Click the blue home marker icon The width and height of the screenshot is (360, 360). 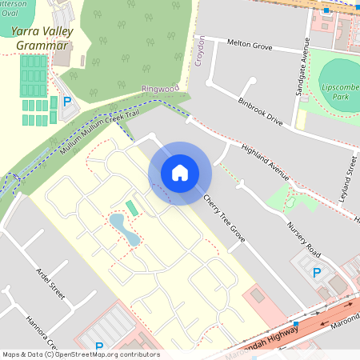coord(180,173)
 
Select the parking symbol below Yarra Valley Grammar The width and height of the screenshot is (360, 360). coord(67,102)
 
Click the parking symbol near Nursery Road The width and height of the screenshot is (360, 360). coord(317,273)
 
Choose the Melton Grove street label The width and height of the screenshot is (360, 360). coord(250,44)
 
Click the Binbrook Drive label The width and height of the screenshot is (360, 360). coord(261,110)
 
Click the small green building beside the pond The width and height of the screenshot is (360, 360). coord(132,208)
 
